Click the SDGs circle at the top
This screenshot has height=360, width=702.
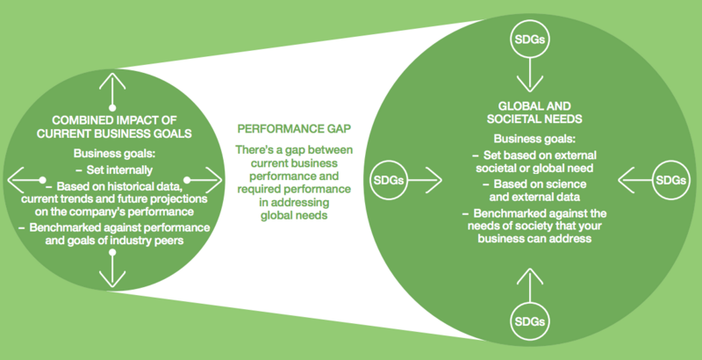tap(530, 40)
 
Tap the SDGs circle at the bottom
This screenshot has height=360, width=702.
tap(530, 321)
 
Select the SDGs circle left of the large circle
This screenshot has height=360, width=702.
tap(389, 181)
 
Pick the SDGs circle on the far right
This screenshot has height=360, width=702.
tap(670, 180)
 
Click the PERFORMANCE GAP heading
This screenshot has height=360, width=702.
tap(294, 129)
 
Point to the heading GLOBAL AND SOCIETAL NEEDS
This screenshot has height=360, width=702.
tap(534, 112)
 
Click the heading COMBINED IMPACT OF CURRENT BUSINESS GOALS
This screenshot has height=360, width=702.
tap(114, 126)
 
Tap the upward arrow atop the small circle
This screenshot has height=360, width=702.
tap(112, 91)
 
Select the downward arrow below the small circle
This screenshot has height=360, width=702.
tap(112, 268)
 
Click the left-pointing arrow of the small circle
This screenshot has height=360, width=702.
tap(27, 180)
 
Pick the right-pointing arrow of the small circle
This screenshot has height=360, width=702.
tap(203, 180)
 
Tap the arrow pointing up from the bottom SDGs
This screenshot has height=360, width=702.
tap(530, 285)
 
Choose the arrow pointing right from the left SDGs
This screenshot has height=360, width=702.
tap(425, 181)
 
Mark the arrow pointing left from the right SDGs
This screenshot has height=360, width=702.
tap(634, 180)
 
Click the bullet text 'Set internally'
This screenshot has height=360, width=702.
tap(119, 170)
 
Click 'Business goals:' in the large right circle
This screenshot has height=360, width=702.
tap(534, 139)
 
